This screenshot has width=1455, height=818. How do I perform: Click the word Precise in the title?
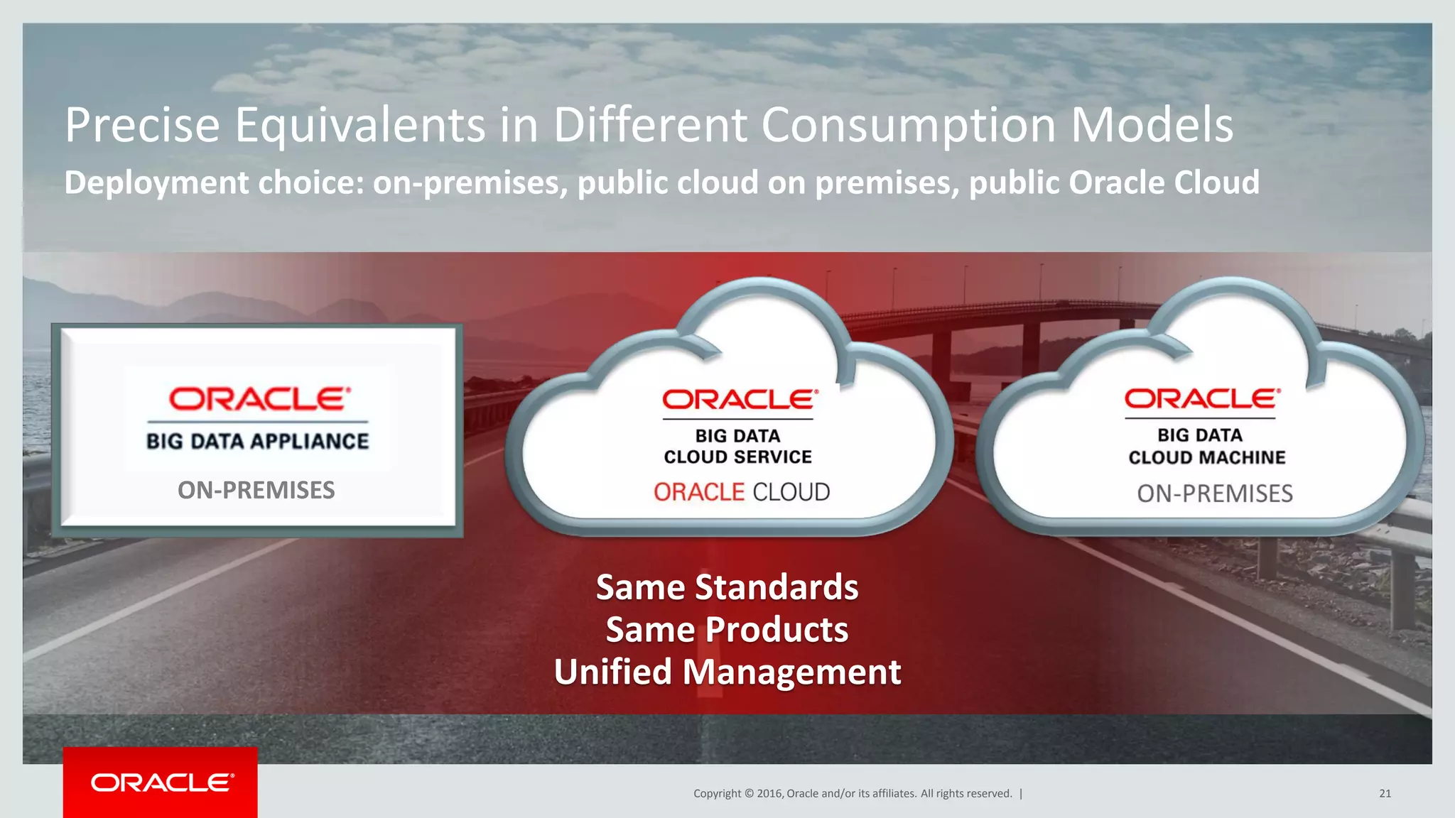[142, 126]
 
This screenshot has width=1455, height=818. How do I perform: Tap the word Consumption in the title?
[909, 126]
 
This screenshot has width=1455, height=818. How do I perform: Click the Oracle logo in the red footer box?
[161, 782]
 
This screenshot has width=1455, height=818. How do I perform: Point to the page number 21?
[1385, 793]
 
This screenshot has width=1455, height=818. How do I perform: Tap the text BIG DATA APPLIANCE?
[257, 441]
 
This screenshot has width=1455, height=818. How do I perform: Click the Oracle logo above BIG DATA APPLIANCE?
[259, 399]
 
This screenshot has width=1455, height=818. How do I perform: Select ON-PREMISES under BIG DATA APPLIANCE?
[256, 490]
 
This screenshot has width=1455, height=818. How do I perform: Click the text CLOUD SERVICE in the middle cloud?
[737, 457]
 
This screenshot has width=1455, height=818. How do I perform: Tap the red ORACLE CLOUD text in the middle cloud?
[741, 492]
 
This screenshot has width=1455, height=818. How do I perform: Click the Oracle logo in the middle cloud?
[740, 400]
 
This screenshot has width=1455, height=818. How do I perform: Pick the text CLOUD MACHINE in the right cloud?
[1206, 457]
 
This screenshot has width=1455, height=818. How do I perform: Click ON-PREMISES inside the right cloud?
[1214, 493]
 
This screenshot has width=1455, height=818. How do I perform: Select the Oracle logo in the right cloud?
[1202, 398]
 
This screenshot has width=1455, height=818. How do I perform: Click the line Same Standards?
[727, 587]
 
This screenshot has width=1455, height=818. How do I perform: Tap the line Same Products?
[727, 630]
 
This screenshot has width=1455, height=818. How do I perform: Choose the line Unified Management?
[727, 672]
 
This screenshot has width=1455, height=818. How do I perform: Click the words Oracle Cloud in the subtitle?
[1164, 183]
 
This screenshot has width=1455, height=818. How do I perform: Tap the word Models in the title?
[1152, 126]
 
